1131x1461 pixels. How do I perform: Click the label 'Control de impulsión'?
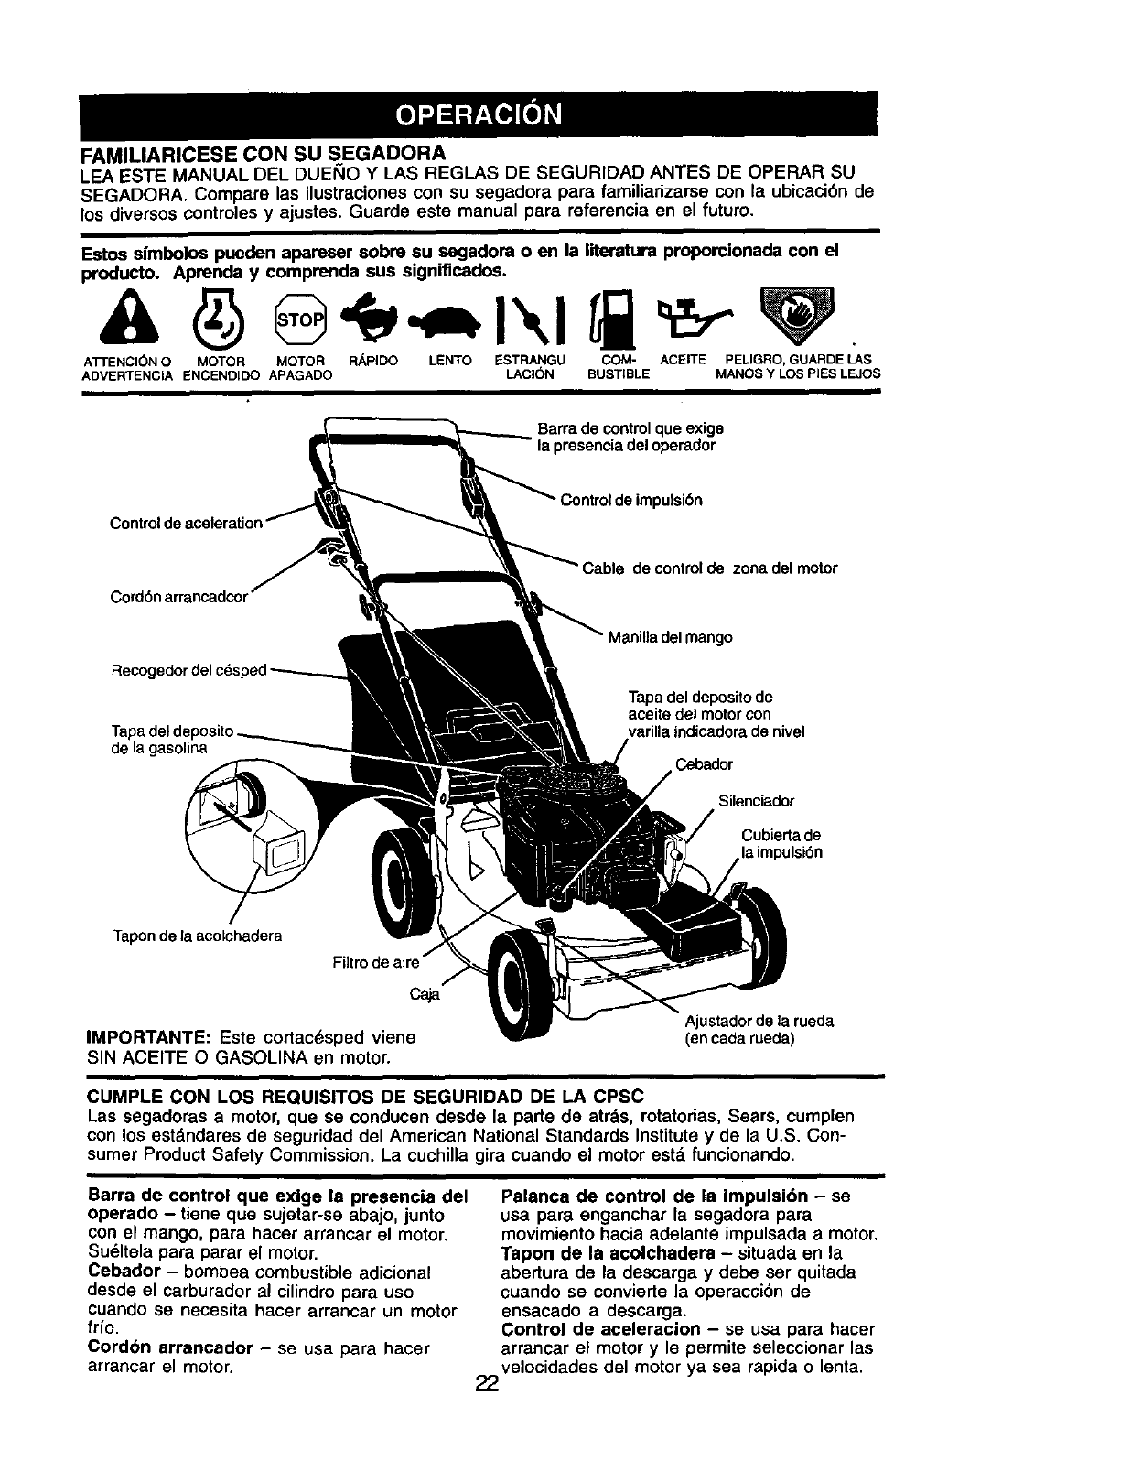[630, 501]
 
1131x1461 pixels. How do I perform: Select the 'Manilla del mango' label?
[670, 637]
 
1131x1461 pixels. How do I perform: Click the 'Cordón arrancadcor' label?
[179, 597]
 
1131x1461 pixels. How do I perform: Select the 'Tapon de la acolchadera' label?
[197, 936]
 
